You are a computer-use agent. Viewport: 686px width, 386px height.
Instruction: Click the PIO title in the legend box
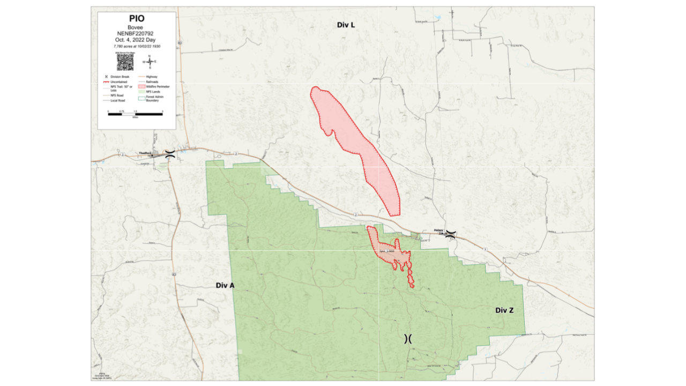[x=137, y=19]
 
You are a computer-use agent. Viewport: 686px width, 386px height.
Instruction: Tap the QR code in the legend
[x=125, y=62]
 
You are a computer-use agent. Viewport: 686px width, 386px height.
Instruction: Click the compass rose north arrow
[x=150, y=62]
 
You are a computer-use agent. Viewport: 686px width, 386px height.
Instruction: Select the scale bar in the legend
[x=135, y=114]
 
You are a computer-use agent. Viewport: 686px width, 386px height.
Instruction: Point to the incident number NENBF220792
[x=137, y=33]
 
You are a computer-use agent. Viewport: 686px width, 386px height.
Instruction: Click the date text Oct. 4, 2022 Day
[x=137, y=40]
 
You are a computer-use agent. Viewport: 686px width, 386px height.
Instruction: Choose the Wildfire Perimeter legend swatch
[x=141, y=86]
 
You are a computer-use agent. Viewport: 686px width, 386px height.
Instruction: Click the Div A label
[x=225, y=285]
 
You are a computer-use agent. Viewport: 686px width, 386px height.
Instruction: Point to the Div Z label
[x=504, y=310]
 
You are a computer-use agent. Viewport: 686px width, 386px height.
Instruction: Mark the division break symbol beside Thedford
[x=169, y=154]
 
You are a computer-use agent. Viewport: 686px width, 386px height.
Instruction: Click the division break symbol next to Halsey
[x=451, y=234]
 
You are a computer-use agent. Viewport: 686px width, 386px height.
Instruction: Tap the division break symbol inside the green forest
[x=408, y=338]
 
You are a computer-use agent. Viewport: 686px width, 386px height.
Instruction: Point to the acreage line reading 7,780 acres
[x=137, y=47]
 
